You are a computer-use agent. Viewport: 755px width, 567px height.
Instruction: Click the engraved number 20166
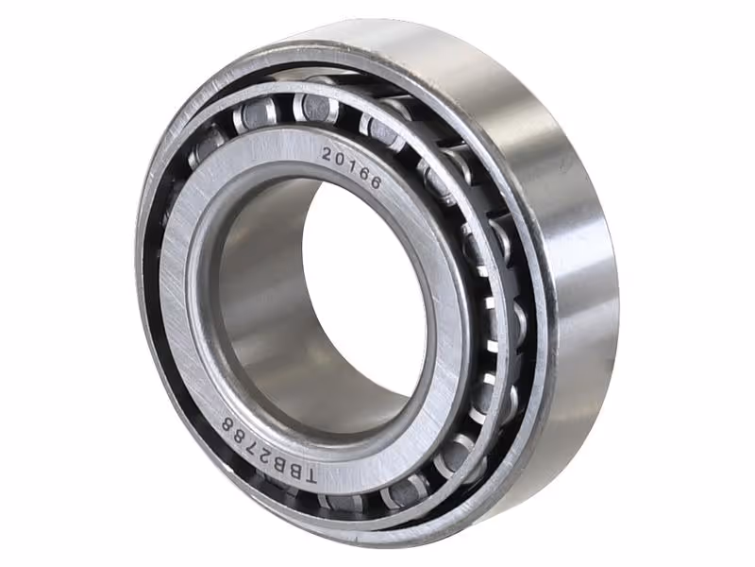pyautogui.click(x=351, y=168)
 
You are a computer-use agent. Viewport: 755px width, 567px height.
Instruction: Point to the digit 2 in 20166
pyautogui.click(x=327, y=154)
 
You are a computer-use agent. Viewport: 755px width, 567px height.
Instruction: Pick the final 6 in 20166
pyautogui.click(x=375, y=182)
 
